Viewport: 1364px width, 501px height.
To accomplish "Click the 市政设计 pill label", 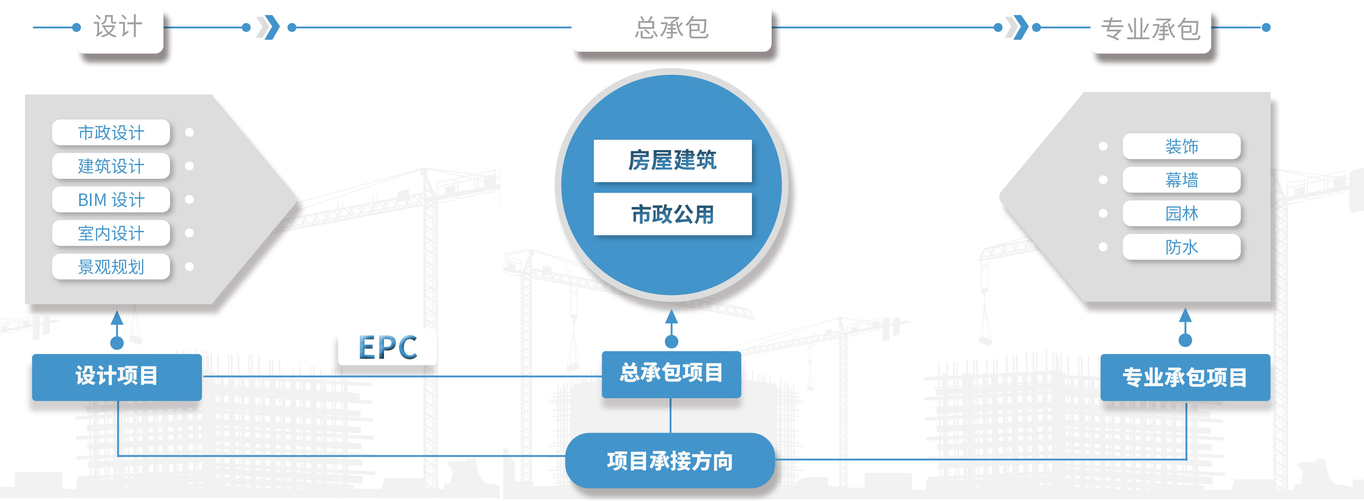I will point(111,132).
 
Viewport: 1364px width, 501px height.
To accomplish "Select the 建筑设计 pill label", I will point(111,166).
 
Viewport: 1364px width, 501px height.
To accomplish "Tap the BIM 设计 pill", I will point(111,200).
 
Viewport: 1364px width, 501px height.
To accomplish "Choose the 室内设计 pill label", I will point(111,234).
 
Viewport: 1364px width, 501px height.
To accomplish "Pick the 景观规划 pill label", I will point(111,267).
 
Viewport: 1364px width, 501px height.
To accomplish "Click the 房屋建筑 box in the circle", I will point(672,160).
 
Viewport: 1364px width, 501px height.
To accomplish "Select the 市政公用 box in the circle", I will point(672,214).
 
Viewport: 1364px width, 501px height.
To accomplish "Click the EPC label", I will point(388,347).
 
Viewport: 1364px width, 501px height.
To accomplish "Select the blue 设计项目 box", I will point(117,377).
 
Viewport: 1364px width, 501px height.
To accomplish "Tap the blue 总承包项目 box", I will point(671,374).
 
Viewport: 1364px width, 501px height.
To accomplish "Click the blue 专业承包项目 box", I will point(1185,377).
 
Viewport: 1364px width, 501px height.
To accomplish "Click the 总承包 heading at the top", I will point(671,28).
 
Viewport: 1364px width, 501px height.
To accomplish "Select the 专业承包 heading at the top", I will point(1151,29).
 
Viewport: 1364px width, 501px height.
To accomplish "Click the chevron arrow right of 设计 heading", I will point(269,28).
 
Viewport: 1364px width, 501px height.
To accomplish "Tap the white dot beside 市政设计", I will point(189,132).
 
